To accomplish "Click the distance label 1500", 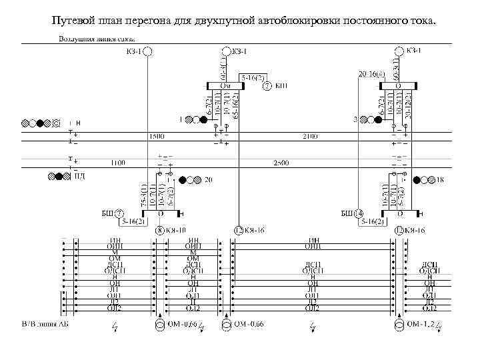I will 157,136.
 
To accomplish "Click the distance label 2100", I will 310,136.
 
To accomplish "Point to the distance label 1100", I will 117,162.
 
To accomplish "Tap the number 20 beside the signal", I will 208,180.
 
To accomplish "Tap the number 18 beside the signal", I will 439,180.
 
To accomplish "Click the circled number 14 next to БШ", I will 358,213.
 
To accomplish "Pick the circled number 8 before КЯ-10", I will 160,231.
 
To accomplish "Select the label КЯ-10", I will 176,231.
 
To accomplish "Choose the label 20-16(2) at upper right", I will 371,73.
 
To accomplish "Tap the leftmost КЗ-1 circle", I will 148,51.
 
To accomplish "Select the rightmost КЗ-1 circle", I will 399,51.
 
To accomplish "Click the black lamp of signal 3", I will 379,119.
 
